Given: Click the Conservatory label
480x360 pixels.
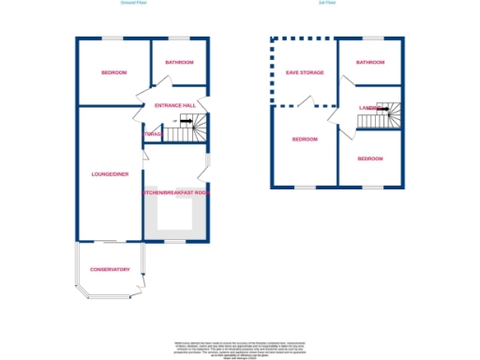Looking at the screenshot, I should click(110, 269).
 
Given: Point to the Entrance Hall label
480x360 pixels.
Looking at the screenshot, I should click(175, 106).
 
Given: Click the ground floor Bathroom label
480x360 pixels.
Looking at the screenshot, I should click(179, 62).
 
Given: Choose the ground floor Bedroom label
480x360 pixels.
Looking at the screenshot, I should click(113, 72).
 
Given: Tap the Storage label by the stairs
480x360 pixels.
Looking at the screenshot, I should click(154, 134).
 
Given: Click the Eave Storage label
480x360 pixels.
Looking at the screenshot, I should click(304, 72).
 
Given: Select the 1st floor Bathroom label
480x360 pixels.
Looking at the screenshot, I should click(369, 62).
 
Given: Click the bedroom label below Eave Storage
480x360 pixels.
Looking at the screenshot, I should click(305, 140).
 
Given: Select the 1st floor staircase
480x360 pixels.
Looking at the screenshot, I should click(389, 112).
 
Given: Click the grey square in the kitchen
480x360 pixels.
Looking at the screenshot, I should click(174, 216).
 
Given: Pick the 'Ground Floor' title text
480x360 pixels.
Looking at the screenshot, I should click(134, 4).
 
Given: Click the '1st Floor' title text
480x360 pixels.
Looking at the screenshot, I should click(328, 4).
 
